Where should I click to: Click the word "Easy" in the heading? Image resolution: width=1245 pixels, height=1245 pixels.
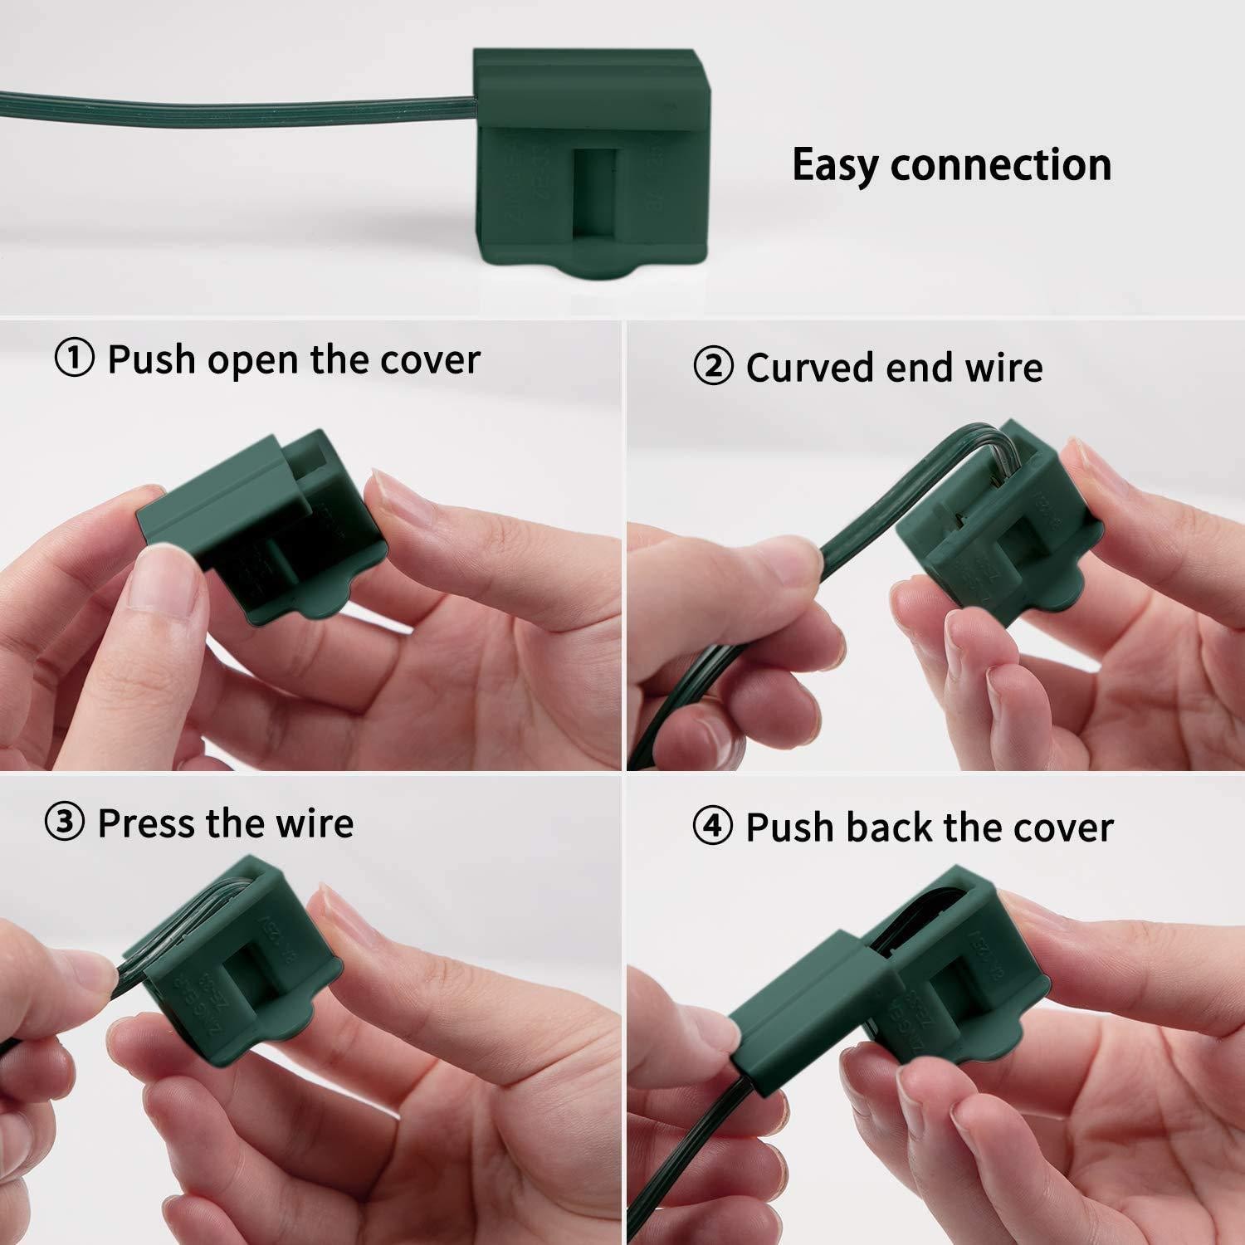pos(836,164)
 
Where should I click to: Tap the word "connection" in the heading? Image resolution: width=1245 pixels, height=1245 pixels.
pos(1001,164)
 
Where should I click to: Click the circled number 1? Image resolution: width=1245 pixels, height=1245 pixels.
pos(74,359)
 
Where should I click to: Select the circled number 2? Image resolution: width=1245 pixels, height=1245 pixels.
pos(713,368)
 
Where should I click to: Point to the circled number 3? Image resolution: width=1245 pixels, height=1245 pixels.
pos(65,823)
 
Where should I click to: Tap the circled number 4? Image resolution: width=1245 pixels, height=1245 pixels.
pos(713,827)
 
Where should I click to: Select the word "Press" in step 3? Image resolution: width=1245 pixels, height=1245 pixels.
pos(146,823)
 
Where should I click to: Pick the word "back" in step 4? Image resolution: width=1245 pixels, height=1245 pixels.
pos(890,827)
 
